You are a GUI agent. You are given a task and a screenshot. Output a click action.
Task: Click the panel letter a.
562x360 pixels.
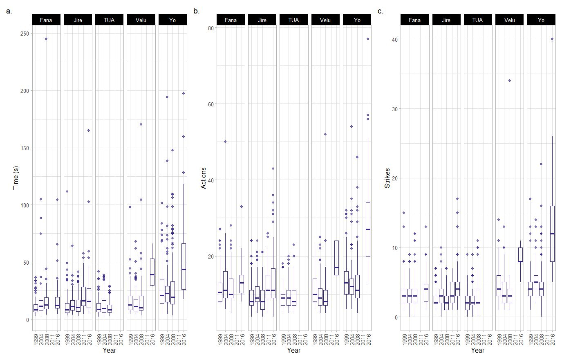tap(9, 11)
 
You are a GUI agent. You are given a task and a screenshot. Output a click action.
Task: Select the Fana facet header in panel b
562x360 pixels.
tap(231, 20)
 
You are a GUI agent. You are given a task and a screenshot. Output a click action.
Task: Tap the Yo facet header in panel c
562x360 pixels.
tap(541, 20)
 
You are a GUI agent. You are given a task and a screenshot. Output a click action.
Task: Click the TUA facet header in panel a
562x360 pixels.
tap(109, 20)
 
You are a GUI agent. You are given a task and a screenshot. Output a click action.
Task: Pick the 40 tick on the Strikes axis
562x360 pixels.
tap(396, 39)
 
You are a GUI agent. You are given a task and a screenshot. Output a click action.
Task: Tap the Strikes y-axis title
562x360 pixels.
tap(387, 178)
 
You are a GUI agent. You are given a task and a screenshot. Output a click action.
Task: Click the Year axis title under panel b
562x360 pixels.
tap(293, 351)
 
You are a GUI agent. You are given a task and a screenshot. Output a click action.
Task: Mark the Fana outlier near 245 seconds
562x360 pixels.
tap(46, 39)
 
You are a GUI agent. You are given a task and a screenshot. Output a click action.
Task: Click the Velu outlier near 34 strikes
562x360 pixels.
tap(510, 81)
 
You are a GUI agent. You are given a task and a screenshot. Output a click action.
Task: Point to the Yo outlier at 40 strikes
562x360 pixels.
tap(552, 39)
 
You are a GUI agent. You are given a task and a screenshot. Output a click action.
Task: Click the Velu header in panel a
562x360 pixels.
tap(141, 20)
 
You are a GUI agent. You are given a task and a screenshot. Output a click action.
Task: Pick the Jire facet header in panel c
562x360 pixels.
tap(446, 20)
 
